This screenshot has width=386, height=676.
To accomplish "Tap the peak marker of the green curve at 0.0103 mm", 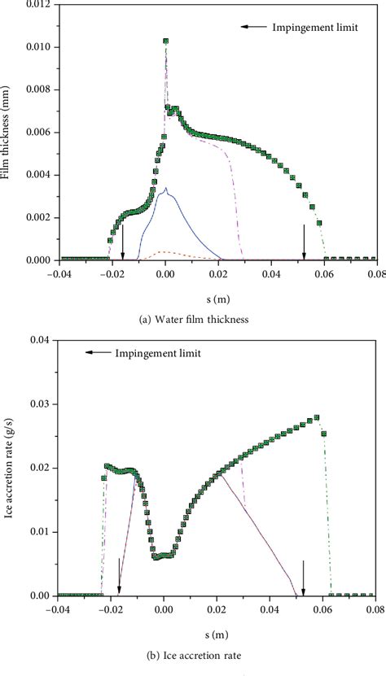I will [x=165, y=41].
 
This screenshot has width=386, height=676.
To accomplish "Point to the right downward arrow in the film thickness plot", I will [x=304, y=241].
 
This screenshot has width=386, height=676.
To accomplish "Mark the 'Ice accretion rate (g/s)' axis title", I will [x=7, y=472].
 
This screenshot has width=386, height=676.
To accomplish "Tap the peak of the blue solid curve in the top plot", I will [x=165, y=189].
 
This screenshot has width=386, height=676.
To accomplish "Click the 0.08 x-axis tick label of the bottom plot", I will [x=375, y=607].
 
